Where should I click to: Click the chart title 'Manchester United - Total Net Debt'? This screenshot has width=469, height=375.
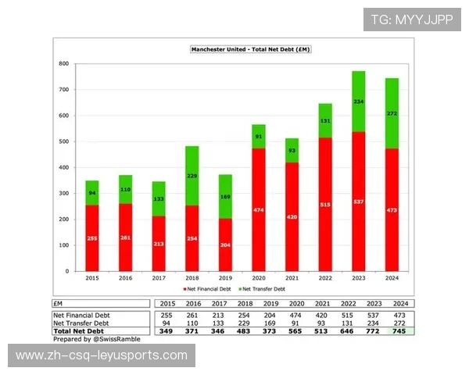pos(251,49)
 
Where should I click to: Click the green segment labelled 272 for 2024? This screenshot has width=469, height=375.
pos(392,113)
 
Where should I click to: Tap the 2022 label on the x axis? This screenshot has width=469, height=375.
pos(324,277)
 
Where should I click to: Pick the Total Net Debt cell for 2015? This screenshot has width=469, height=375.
pos(164,331)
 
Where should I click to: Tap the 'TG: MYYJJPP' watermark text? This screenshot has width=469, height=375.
pos(411,20)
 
